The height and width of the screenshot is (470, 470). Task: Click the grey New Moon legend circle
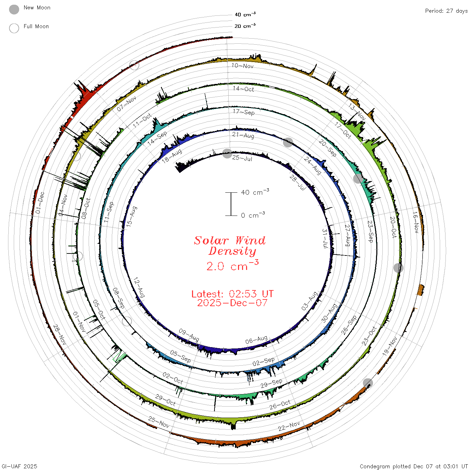14,9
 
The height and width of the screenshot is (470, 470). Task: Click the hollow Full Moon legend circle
14,28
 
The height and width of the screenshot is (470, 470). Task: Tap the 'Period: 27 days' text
446,11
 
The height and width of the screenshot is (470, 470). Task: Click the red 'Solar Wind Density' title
230,246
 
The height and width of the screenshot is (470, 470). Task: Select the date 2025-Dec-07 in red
232,303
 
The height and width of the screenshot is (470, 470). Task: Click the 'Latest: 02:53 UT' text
232,294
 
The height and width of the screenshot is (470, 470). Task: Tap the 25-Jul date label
242,158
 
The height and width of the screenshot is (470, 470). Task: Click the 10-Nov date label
242,65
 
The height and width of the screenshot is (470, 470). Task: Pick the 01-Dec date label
40,203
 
